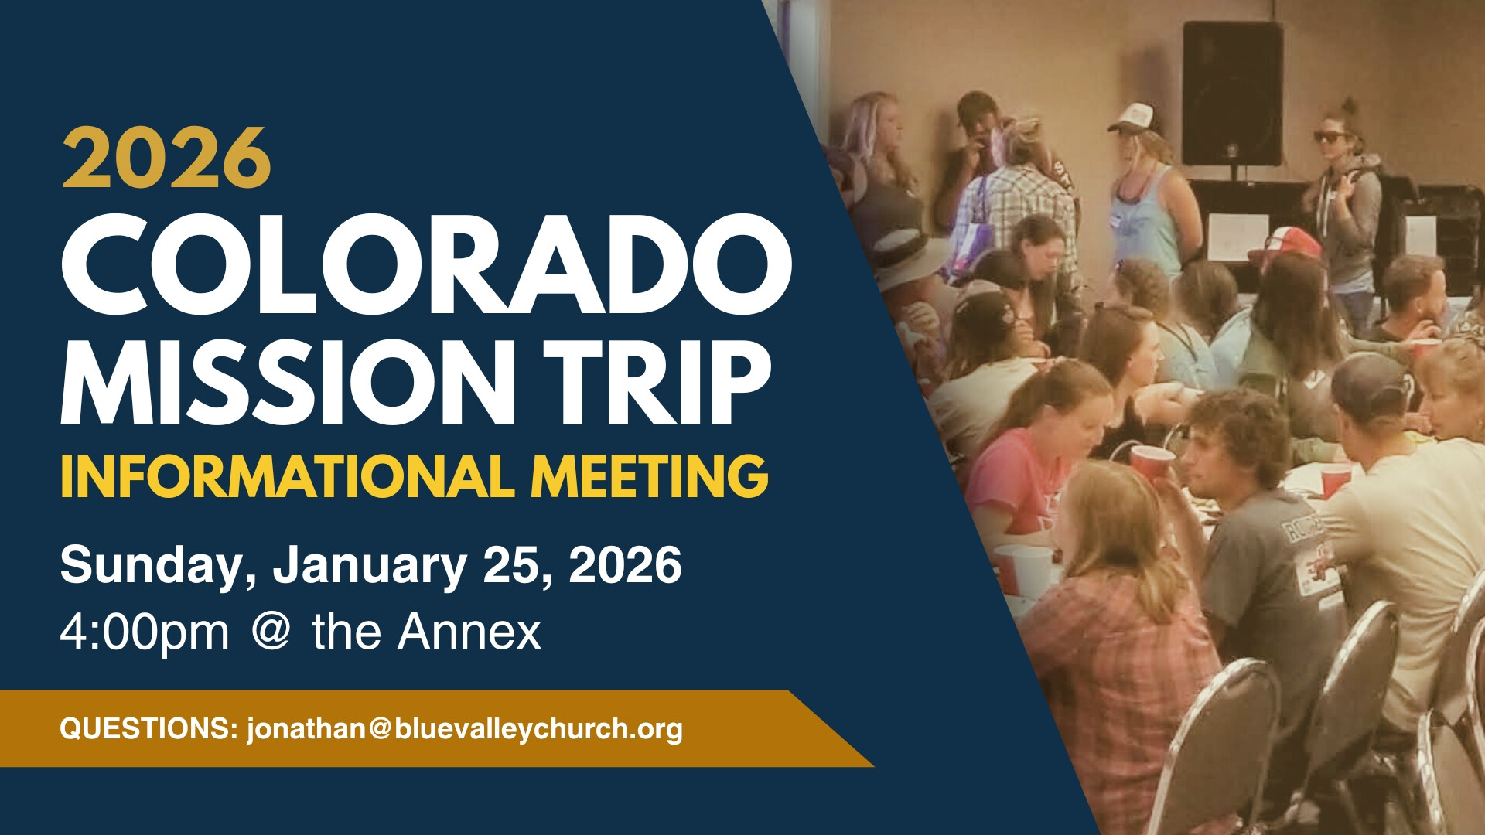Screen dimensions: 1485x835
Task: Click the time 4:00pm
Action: (145, 633)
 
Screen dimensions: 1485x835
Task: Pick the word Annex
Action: (469, 632)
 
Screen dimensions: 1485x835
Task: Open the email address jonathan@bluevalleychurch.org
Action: (465, 729)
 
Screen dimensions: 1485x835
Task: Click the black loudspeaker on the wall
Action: (1232, 93)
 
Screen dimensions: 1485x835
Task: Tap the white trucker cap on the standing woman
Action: (1132, 118)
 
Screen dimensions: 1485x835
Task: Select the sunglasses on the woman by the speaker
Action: (1331, 137)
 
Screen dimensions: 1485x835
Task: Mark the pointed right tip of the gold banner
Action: (873, 766)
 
